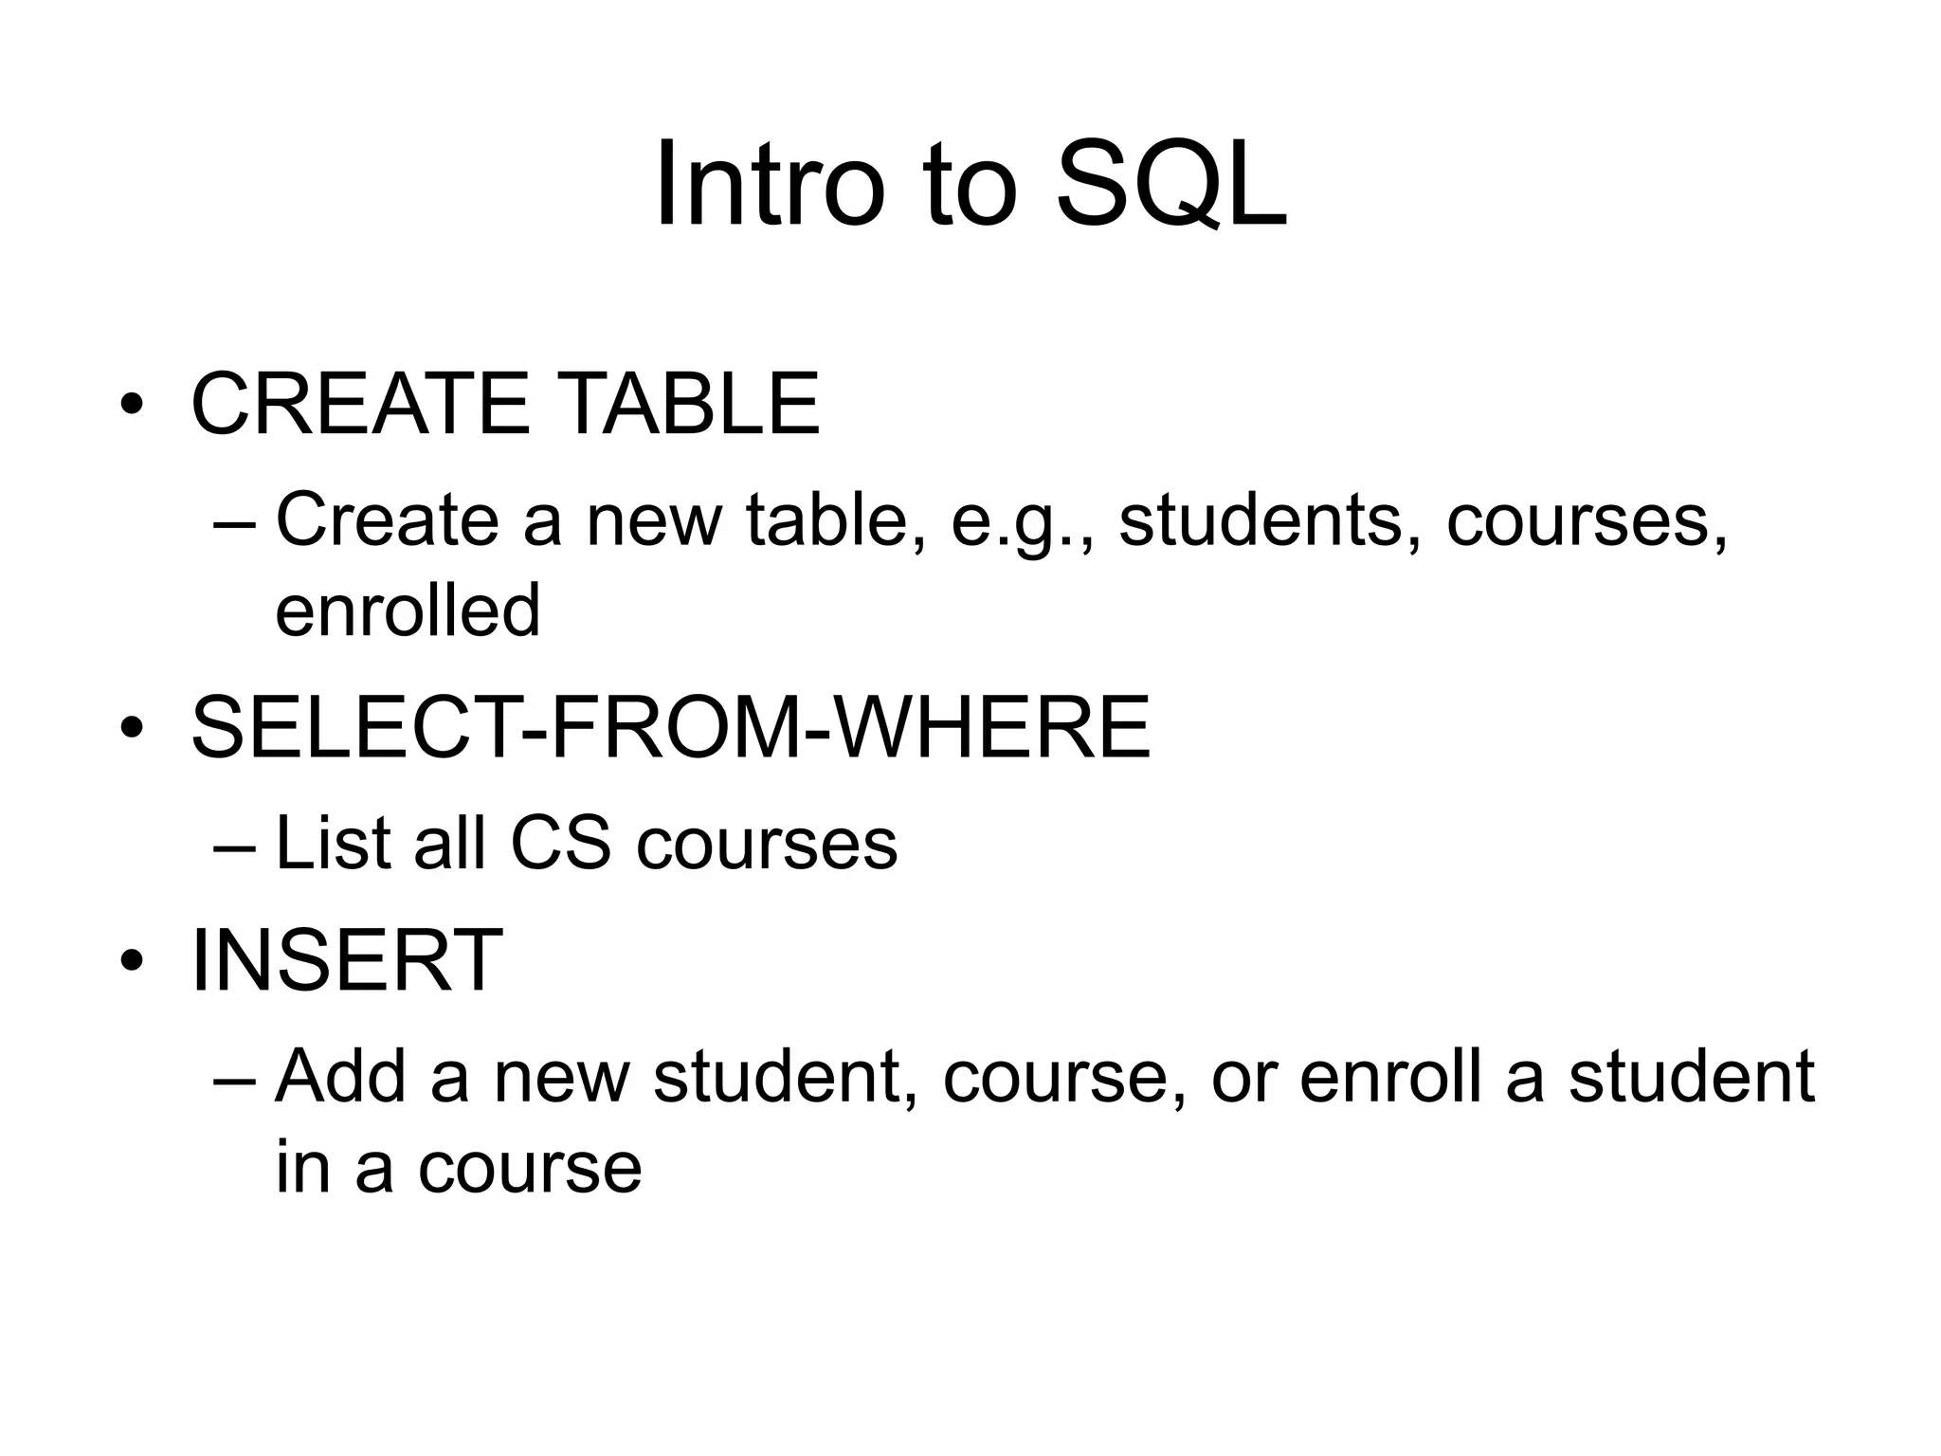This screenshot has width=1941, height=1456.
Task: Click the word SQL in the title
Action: tap(1171, 185)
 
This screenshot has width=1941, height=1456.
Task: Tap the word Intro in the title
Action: tap(769, 185)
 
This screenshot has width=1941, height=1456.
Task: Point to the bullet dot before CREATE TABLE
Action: tap(132, 408)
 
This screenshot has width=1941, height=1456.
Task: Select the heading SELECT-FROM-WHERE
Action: tap(670, 728)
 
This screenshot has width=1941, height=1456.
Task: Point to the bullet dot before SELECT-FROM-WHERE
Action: tap(132, 730)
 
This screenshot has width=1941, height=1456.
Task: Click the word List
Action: tap(332, 843)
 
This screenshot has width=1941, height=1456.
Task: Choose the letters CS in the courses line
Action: tap(560, 843)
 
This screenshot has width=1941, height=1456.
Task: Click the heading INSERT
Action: tap(346, 961)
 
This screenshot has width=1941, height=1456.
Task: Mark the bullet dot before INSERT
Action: tap(132, 963)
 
